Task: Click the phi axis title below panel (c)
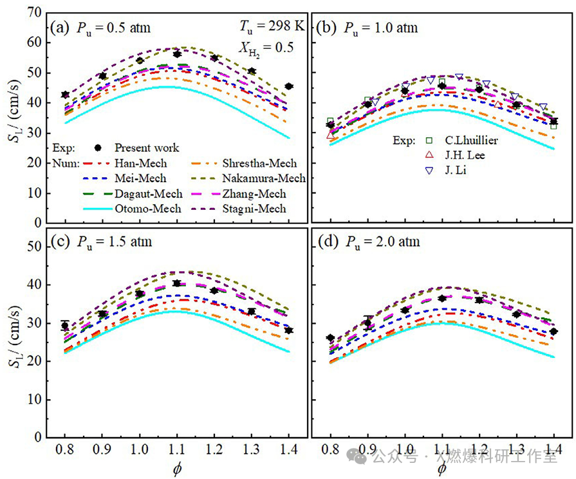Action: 176,467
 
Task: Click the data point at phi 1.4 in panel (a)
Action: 289,86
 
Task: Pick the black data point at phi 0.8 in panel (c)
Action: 64,326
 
